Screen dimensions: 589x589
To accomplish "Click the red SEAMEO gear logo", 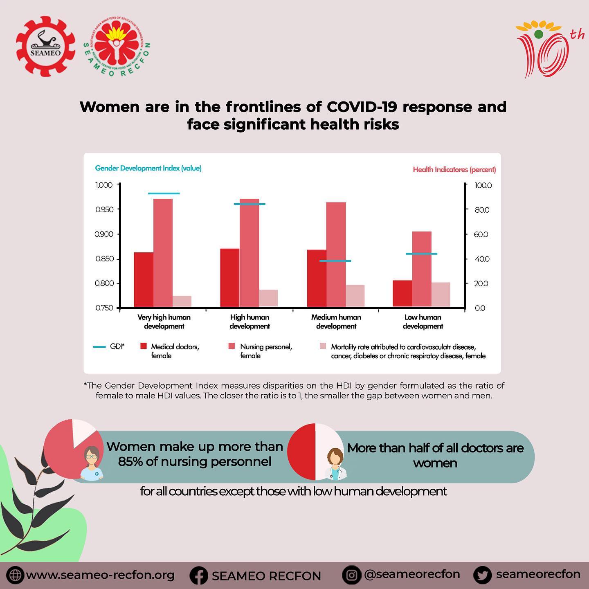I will [46, 46].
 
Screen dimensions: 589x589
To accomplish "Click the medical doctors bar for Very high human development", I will [144, 279].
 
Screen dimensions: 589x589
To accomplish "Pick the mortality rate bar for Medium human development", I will [355, 296].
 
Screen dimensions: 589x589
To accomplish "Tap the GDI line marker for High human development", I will [250, 204].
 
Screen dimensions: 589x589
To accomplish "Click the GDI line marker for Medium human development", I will [335, 261].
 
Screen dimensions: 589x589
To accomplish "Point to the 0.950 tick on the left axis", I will [104, 210].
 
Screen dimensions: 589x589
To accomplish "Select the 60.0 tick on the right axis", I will [481, 234].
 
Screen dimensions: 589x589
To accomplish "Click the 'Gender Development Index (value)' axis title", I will [148, 168].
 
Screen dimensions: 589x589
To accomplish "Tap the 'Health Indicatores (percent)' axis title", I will [454, 169].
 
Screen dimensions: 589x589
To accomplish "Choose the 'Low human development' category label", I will [423, 321].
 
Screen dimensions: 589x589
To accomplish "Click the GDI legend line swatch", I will [99, 347].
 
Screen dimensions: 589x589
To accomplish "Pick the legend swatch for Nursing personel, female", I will [232, 346].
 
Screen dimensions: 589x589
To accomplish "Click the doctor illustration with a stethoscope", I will [336, 465].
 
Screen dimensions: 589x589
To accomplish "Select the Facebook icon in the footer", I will [199, 576].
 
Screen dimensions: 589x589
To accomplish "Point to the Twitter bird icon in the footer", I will [482, 575].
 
